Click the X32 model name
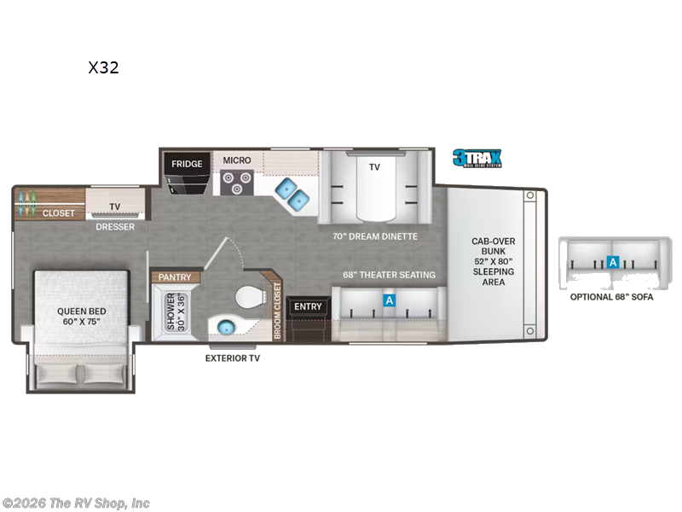[x=103, y=68]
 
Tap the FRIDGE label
[x=186, y=164]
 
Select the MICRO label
[x=237, y=160]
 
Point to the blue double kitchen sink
[x=292, y=193]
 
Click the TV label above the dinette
[x=374, y=167]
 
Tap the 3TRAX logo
[x=477, y=158]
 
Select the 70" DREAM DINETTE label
[x=375, y=236]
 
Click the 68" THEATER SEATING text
[x=389, y=275]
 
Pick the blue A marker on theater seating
[x=389, y=300]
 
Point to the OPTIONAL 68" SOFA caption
[x=610, y=297]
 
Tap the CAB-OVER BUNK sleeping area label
[x=493, y=260]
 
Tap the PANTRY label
[x=176, y=277]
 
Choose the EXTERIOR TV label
[x=233, y=358]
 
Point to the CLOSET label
[x=59, y=213]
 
